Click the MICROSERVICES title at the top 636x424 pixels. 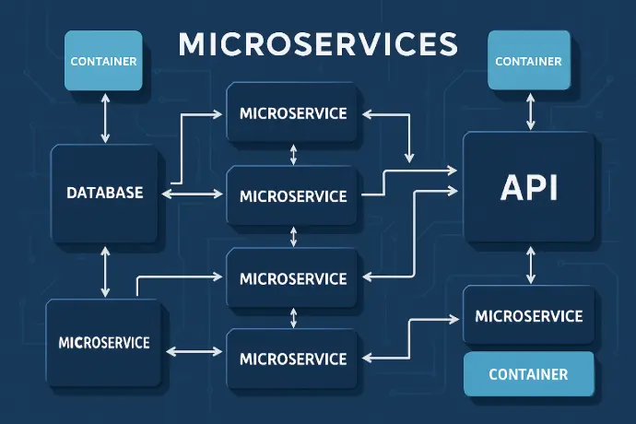[x=318, y=44]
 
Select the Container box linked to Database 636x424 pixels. [x=103, y=61]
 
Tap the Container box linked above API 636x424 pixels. [x=528, y=60]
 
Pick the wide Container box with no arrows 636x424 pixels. [x=528, y=373]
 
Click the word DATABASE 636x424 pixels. [x=105, y=193]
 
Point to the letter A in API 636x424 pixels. [x=513, y=187]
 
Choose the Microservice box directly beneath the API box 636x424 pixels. [x=528, y=315]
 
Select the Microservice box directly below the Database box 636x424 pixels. [x=104, y=343]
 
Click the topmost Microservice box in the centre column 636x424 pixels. [x=292, y=112]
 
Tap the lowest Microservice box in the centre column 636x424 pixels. [x=292, y=359]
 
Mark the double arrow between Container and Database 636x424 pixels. [x=105, y=118]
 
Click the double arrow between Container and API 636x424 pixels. [x=530, y=112]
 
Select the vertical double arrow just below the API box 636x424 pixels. [x=530, y=265]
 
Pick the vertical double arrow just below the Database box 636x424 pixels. [x=105, y=272]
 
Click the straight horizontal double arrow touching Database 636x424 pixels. [x=193, y=194]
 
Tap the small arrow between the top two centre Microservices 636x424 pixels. [x=293, y=155]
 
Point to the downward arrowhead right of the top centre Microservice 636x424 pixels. [x=409, y=158]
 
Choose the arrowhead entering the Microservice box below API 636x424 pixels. [x=453, y=319]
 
